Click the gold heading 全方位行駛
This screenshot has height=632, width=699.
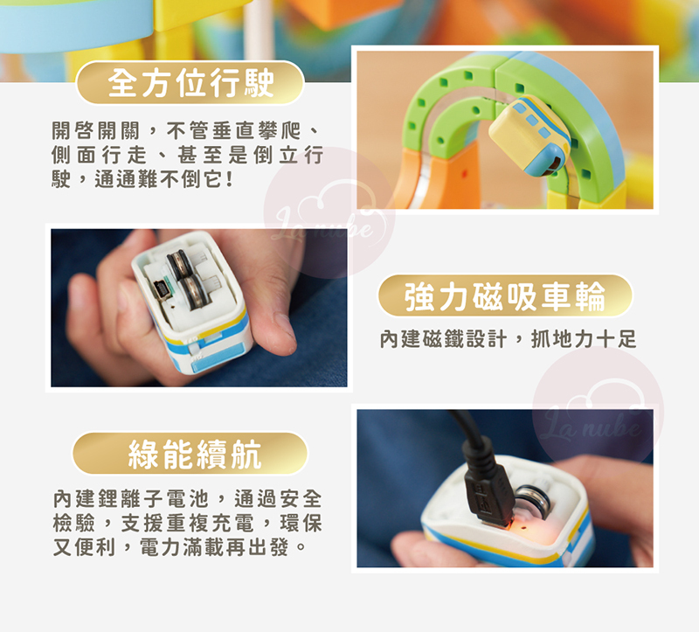coord(190,82)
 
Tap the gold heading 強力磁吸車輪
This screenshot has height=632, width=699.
coord(505,296)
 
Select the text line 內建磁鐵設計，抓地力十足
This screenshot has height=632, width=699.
coord(508,339)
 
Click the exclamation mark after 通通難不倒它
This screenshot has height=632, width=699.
coord(229,180)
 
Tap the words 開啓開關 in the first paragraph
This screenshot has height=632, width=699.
coord(96,131)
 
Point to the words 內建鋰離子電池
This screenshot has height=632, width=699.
coord(130,498)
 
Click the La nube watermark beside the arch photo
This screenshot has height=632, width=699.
coord(329,212)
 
